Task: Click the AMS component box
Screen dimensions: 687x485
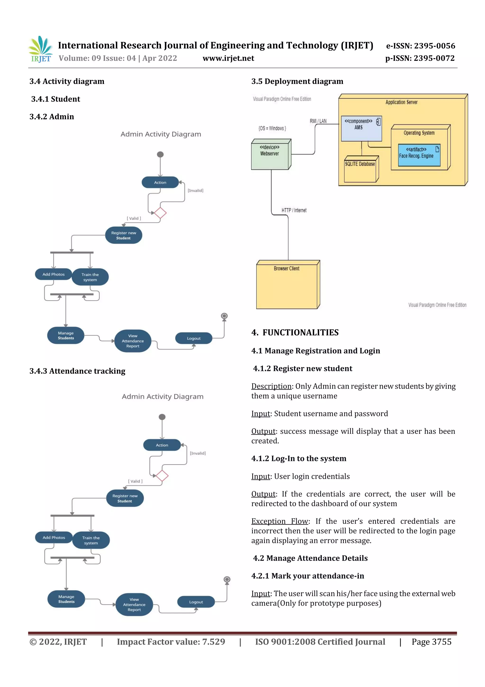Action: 361,128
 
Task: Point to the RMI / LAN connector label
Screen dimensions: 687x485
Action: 318,121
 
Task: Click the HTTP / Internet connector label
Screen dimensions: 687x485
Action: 294,210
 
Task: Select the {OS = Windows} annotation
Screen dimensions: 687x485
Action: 272,128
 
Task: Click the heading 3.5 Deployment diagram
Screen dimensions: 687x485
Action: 297,81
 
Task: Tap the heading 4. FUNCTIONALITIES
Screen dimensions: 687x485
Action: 295,332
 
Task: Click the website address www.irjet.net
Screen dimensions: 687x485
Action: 228,58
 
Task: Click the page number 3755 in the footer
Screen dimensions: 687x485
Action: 441,641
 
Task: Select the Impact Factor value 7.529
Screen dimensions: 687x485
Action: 213,641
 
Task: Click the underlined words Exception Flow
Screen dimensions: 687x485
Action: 279,521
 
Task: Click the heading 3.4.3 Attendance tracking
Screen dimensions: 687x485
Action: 77,371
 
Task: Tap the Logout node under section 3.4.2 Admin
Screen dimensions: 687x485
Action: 194,338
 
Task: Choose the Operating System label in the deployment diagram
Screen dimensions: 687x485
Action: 419,133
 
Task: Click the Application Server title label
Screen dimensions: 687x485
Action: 401,102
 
